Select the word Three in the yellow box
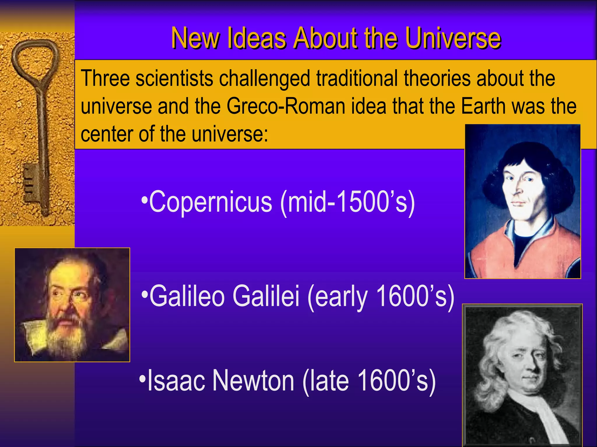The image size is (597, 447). tap(105, 79)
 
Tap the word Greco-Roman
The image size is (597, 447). tap(286, 106)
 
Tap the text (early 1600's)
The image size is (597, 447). tap(380, 296)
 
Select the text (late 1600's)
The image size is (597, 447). tap(369, 381)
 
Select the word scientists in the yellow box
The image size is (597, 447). tap(174, 79)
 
